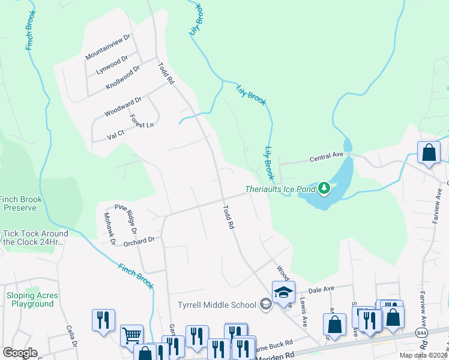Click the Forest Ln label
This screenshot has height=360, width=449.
pyautogui.click(x=142, y=121)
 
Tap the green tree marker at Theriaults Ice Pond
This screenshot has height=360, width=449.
pyautogui.click(x=324, y=189)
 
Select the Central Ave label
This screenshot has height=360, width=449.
pyautogui.click(x=326, y=158)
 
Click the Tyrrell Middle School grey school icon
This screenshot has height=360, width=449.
pyautogui.click(x=265, y=305)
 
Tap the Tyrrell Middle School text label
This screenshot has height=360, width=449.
pyautogui.click(x=217, y=305)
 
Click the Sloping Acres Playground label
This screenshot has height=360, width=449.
pyautogui.click(x=32, y=299)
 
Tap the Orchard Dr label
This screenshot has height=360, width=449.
pyautogui.click(x=139, y=239)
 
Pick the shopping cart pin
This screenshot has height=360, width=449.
pyautogui.click(x=131, y=335)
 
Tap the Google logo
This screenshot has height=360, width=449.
pyautogui.click(x=20, y=352)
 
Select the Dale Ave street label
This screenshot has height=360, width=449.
pyautogui.click(x=321, y=289)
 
